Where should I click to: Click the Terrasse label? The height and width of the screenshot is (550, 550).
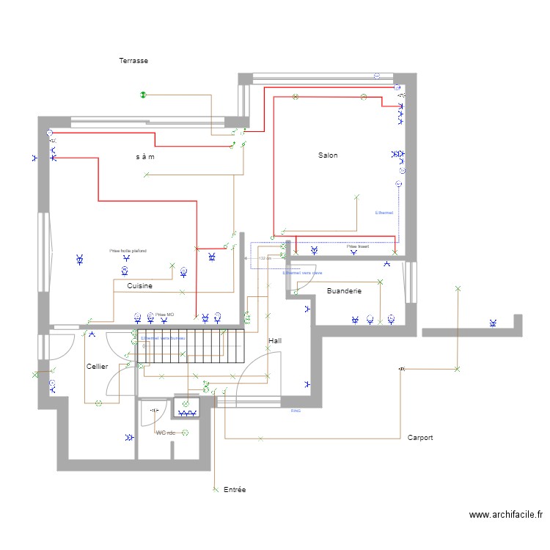click(x=133, y=61)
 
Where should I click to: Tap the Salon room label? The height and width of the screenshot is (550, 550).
click(x=328, y=155)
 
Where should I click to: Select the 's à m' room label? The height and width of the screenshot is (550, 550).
click(x=145, y=157)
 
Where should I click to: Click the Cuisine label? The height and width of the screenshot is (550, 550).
click(x=139, y=286)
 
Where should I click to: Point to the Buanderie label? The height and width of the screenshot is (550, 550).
click(x=344, y=291)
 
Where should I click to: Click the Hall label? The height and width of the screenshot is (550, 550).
click(x=275, y=341)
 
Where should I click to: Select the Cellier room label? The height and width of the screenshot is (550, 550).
click(x=97, y=366)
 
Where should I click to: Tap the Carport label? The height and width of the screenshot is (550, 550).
click(x=420, y=438)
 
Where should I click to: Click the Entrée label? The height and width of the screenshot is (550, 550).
click(x=235, y=489)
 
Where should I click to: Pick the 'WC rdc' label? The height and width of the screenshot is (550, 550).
click(x=166, y=433)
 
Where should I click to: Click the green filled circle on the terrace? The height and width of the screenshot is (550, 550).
click(x=144, y=95)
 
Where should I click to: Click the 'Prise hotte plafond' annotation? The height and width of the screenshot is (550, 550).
click(x=128, y=251)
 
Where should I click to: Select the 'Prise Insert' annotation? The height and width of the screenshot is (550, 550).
click(x=358, y=247)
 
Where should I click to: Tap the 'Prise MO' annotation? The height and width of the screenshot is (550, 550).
click(x=164, y=314)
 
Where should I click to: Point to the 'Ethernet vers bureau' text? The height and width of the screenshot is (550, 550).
click(x=163, y=338)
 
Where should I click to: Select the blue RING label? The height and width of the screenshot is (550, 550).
click(x=296, y=411)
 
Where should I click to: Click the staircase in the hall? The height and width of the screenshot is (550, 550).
click(x=189, y=346)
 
